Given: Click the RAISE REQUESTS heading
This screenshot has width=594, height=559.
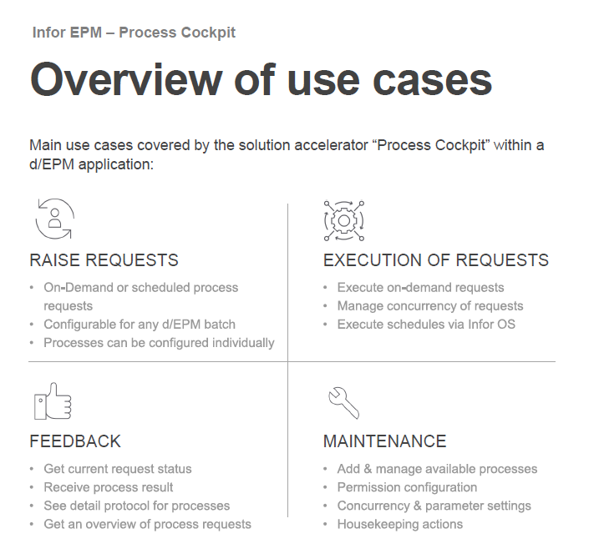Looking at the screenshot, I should (104, 260).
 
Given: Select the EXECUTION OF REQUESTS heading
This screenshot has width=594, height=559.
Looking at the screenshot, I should (435, 260).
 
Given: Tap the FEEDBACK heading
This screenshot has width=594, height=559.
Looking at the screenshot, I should (75, 441).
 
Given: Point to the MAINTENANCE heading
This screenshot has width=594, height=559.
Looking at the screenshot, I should (384, 441).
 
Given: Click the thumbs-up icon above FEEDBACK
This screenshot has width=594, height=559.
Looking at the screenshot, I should (53, 400).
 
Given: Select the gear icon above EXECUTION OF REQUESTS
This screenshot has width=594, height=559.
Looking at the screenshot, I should (343, 219).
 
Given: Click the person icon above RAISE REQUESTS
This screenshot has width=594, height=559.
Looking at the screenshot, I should (54, 219).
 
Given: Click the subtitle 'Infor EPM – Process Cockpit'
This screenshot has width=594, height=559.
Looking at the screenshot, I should (134, 33).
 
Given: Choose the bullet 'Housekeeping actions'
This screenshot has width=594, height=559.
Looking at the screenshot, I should (399, 524).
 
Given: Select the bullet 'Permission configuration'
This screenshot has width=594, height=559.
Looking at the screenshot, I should (407, 487).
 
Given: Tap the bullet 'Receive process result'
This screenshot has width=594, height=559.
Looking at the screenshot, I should (109, 487).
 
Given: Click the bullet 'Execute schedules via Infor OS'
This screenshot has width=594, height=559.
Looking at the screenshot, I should (426, 324).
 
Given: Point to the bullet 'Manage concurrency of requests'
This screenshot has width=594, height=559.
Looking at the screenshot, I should (429, 305).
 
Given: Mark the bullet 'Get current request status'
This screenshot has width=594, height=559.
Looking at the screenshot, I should (118, 469).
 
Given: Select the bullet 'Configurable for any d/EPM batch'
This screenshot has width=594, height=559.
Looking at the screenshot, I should (140, 324).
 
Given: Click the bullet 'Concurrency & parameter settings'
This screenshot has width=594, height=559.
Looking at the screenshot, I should (434, 506).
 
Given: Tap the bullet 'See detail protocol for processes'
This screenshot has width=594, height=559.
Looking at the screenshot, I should (136, 506).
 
